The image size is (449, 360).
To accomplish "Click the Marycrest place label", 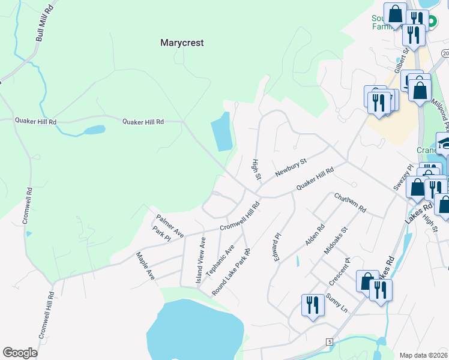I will coord(182,43).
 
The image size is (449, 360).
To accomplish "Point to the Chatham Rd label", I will coord(350,203).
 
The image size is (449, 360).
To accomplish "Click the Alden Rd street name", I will coord(315,235).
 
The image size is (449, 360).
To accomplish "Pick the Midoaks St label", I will coord(336,241).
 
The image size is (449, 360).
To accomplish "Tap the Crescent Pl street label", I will coord(339,272).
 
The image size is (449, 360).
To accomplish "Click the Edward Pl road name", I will coord(275,247).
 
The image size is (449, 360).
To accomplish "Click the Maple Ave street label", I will coord(146,266).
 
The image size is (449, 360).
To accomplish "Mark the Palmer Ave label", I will coord(169,225).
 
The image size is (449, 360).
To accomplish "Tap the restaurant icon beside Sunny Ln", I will coord(312,305).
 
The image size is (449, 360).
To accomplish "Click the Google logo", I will coord(20,353).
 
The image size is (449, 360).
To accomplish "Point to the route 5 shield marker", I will coord(330,341).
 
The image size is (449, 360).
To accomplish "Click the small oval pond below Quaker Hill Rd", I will coord(94,130).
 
